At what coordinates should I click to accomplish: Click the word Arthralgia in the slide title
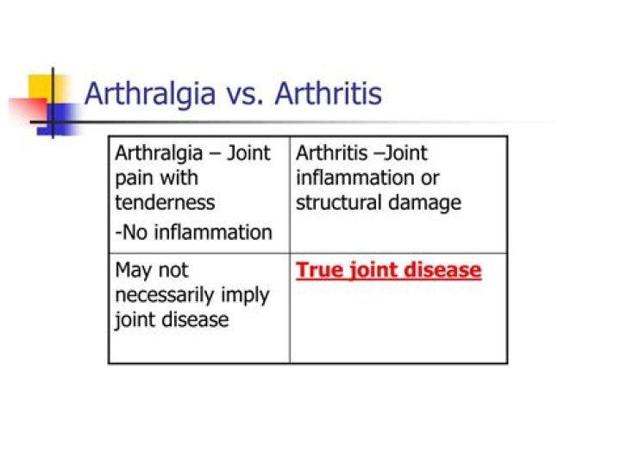point(150,95)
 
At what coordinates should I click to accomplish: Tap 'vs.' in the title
point(245,95)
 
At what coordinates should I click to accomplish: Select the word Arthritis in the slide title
point(329,93)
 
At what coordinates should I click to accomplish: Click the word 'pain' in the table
point(132,179)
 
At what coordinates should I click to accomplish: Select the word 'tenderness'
point(165,203)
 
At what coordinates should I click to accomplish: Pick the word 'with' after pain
point(179,177)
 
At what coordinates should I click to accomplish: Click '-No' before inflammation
point(131,232)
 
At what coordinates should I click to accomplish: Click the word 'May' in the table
point(133,272)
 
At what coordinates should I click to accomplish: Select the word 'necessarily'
point(165,295)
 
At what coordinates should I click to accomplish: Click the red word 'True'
point(320,271)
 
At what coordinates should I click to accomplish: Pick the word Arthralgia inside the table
point(159,154)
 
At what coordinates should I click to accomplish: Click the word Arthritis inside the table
point(332,153)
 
